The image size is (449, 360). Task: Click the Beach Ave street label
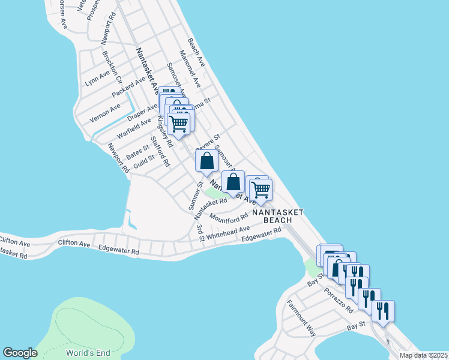click(196, 53)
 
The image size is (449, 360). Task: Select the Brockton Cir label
click(113, 67)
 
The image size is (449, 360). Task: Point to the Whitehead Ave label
click(228, 232)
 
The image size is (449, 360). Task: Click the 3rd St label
click(200, 233)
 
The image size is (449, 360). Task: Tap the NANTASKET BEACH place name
click(278, 216)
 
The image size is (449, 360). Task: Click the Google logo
click(20, 353)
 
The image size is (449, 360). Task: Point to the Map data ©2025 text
click(423, 355)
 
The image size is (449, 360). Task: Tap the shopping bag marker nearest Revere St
click(206, 161)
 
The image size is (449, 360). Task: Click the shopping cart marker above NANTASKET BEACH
click(261, 190)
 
